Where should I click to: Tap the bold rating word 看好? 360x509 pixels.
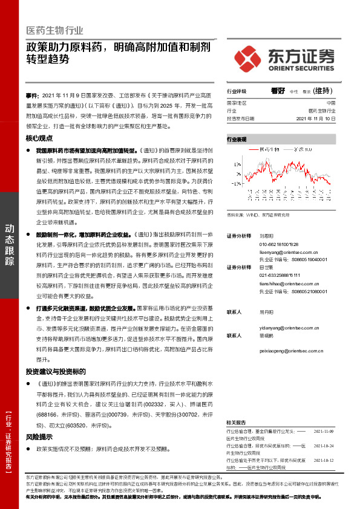[278, 91]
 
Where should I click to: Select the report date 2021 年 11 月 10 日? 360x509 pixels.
[316, 119]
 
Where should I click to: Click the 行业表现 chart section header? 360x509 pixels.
[237, 139]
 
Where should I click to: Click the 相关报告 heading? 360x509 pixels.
[236, 422]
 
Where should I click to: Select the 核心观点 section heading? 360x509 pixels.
[41, 137]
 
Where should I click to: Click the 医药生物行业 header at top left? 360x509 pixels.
[54, 30]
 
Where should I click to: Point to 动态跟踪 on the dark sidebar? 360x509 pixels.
[10, 245]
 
